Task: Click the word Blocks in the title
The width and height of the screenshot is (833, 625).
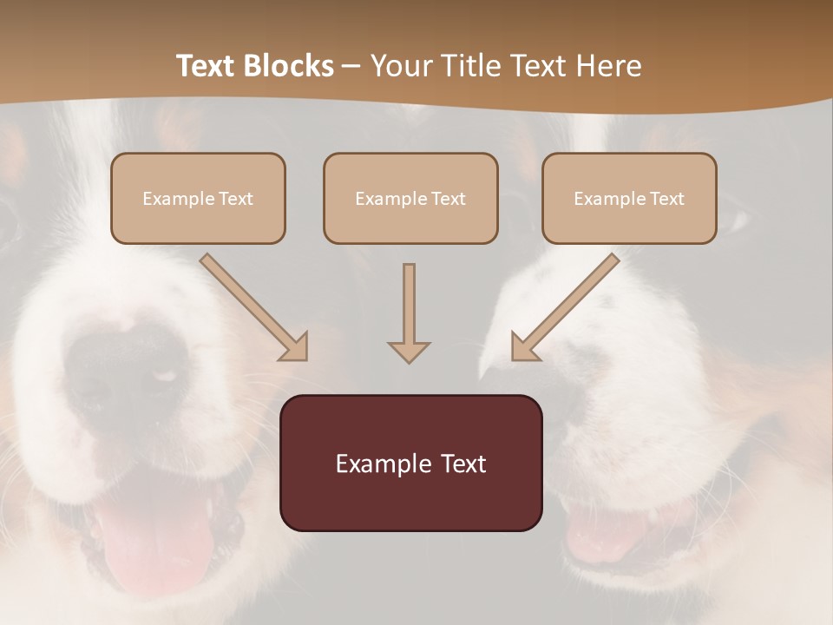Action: (289, 66)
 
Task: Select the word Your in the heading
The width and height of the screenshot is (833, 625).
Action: (403, 66)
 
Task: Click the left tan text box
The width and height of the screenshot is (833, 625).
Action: (198, 199)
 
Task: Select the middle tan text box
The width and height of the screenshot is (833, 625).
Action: (410, 199)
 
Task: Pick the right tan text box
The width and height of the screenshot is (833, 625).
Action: (629, 199)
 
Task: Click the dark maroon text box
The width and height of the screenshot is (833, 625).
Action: (410, 463)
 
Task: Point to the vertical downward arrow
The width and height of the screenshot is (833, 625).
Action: (409, 312)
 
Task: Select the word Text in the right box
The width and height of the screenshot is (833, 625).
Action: (667, 199)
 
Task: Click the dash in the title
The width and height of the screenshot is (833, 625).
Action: (351, 67)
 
